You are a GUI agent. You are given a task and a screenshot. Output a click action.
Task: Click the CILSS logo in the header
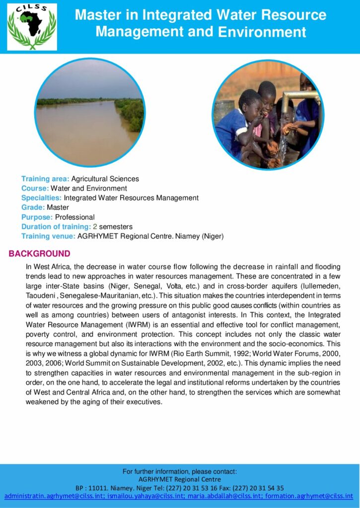(32, 27)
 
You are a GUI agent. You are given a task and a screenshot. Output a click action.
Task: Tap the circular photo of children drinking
(268, 115)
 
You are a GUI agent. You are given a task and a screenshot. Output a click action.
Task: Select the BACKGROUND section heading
(40, 254)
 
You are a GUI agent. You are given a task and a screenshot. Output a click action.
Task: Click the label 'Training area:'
(45, 179)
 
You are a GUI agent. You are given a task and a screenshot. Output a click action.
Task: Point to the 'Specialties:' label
(42, 198)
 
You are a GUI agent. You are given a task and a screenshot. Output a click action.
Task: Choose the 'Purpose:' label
(37, 217)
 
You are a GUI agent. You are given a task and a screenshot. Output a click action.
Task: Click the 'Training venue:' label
(48, 237)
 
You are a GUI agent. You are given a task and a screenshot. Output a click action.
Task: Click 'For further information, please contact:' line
(180, 471)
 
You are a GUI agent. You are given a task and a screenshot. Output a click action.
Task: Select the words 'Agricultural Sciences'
(105, 179)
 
